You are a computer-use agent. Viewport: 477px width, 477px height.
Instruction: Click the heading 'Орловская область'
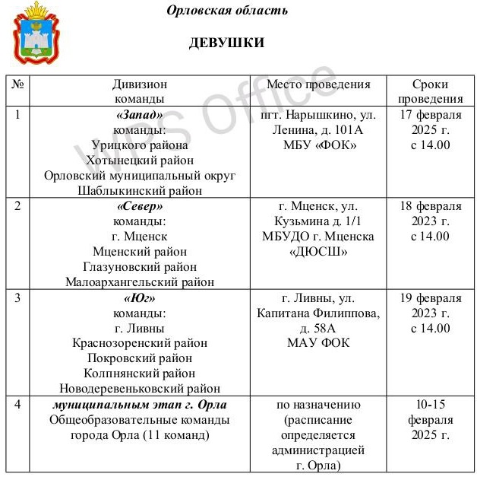coord(226,11)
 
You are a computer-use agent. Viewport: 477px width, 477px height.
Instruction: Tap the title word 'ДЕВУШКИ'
coord(226,43)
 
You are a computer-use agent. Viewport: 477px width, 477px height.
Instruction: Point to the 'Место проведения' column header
coord(318,84)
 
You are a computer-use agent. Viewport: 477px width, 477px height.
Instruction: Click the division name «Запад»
coord(140,115)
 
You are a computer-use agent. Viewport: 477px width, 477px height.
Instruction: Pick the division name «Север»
coord(140,206)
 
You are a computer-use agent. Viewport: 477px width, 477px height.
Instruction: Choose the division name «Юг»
coord(140,297)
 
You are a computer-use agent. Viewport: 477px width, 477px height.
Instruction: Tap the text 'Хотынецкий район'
coord(140,160)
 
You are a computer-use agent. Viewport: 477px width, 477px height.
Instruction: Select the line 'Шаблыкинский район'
coord(140,190)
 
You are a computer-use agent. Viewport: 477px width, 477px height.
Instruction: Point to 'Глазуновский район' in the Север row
coord(140,266)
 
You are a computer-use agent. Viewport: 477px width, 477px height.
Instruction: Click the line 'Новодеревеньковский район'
coord(140,388)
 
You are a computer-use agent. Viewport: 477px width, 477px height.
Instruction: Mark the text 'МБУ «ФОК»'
coord(318,145)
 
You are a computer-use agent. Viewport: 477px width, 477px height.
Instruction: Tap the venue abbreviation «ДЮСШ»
coord(318,251)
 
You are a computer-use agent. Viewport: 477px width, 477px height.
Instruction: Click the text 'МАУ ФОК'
coord(318,342)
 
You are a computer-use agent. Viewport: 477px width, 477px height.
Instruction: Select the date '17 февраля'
coord(430,115)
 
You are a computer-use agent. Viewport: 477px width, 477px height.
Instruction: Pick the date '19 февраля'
coord(430,297)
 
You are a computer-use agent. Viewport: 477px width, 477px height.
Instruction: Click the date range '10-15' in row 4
coord(430,404)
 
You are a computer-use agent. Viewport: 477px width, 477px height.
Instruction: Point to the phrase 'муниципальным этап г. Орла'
coord(140,404)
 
